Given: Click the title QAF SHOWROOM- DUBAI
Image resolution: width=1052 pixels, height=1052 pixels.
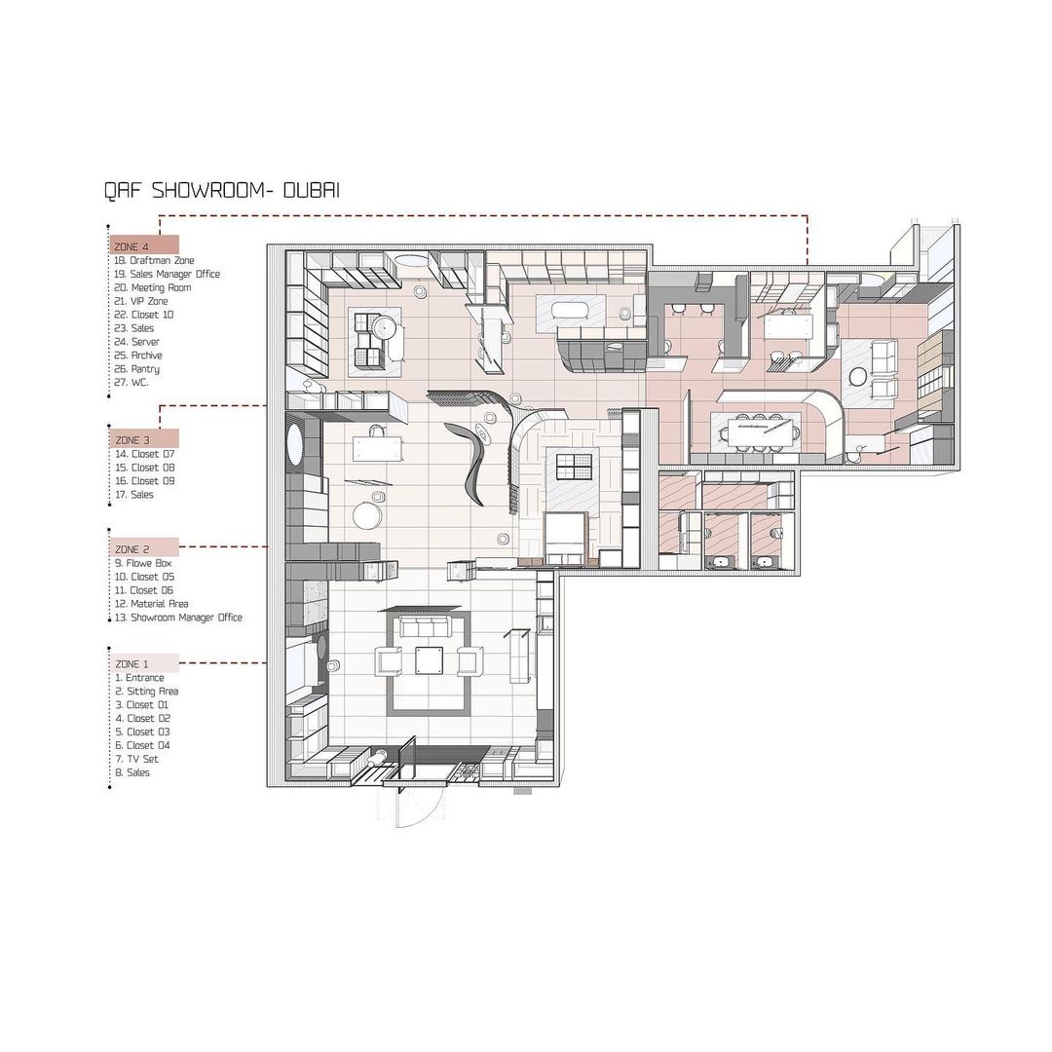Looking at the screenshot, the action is [222, 191].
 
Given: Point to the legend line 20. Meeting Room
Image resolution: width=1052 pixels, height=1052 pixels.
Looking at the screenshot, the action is [152, 287].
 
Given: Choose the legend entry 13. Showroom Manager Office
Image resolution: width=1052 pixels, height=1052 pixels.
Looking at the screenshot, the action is [178, 618].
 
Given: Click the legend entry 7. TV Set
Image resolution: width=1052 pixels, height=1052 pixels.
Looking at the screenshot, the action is [137, 759].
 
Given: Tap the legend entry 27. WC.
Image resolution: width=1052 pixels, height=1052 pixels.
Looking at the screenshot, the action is [131, 383].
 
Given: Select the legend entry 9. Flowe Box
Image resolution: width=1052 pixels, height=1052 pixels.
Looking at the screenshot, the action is [143, 563].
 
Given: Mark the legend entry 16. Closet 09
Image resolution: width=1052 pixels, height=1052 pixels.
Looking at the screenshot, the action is [144, 481].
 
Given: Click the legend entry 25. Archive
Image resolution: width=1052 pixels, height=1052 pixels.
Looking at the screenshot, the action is [137, 355].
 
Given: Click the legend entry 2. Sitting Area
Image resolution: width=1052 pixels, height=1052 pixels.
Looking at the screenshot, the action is [146, 691].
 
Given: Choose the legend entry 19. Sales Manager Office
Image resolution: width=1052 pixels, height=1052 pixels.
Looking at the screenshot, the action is [167, 274].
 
